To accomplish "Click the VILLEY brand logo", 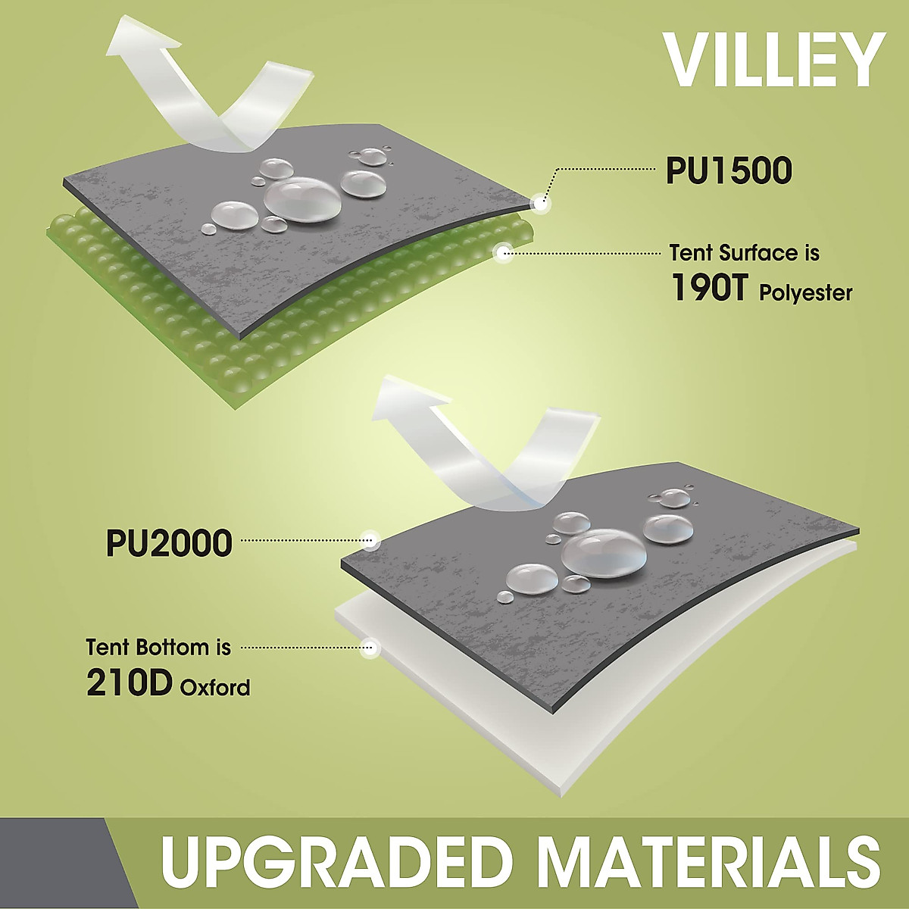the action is [773, 59].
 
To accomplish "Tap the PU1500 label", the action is [729, 171].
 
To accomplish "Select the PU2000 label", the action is [170, 543].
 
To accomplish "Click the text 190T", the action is [709, 288].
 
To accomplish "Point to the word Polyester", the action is [806, 294].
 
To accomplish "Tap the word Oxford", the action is [215, 688].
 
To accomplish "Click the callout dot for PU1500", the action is [541, 204].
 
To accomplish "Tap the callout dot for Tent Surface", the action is [503, 253].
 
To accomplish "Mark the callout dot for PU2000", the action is [371, 540].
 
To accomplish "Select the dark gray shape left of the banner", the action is [66, 864].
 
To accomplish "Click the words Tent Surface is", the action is [745, 253].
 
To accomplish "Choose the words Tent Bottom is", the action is [159, 647].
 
